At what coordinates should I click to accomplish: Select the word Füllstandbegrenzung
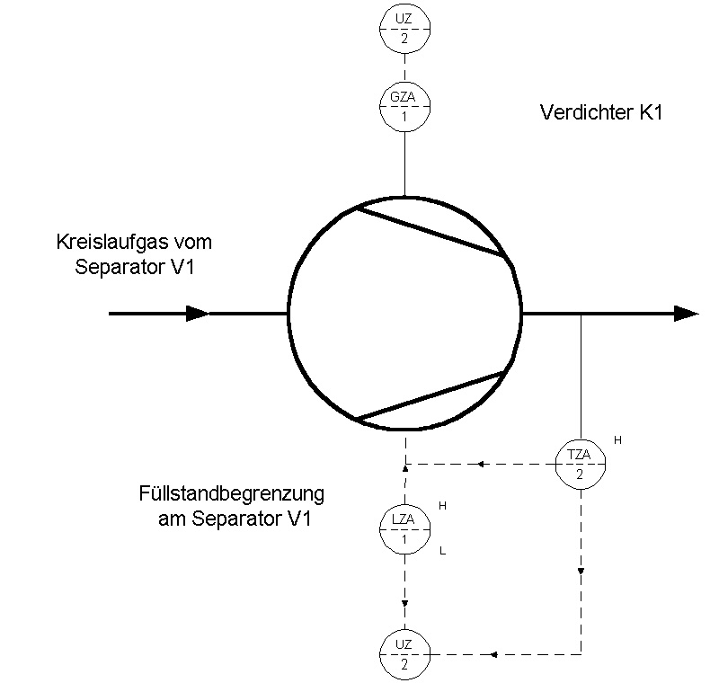point(231,493)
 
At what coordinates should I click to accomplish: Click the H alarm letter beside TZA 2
point(617,439)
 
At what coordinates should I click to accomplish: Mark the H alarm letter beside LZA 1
point(442,506)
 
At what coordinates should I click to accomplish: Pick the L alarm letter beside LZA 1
point(442,551)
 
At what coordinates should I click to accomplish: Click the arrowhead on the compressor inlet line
point(198,314)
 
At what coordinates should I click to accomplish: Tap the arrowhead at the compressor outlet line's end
point(686,314)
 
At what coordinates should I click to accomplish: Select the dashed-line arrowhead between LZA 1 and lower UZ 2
point(404,603)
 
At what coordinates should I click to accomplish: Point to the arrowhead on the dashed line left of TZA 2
point(481,465)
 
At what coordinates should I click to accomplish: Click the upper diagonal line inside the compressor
point(430,232)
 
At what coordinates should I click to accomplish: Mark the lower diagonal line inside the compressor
point(430,395)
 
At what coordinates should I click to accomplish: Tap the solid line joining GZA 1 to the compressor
point(404,164)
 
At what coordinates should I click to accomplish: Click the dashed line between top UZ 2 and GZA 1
point(404,68)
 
